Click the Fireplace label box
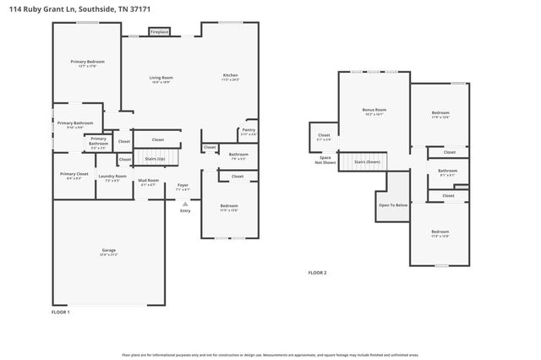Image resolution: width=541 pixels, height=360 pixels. tap(160, 32)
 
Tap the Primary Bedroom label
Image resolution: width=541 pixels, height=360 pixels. tap(87, 62)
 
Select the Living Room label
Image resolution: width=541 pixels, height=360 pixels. tap(161, 78)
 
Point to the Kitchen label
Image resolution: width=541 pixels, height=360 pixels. tap(231, 76)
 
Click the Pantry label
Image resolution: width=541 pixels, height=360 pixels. tap(249, 130)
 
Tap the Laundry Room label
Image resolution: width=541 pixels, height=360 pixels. tap(112, 177)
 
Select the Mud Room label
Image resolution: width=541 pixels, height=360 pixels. tap(149, 181)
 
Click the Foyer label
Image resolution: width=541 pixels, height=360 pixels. tap(183, 186)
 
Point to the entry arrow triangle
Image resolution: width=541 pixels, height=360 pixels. tap(185, 204)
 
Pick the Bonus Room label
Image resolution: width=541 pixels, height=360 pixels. tap(374, 110)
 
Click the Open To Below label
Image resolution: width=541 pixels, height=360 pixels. tap(393, 205)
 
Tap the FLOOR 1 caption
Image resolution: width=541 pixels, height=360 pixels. tap(61, 312)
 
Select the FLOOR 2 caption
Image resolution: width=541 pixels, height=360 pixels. tap(317, 273)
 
